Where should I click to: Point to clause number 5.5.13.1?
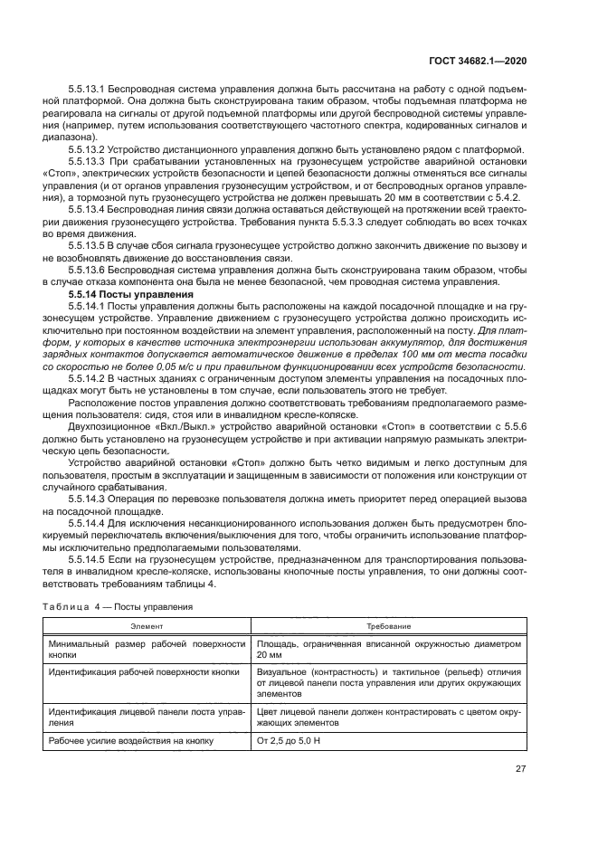point(88,88)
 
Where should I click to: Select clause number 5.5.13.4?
point(88,208)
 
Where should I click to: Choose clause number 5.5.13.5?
point(88,244)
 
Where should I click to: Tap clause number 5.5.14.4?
point(88,524)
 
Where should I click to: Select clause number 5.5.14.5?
point(88,561)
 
